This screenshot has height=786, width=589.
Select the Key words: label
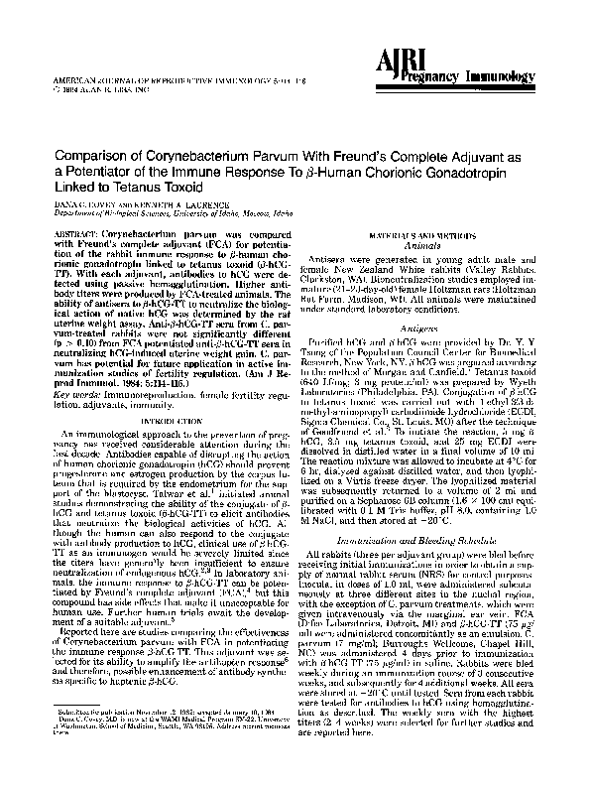[75, 367]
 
